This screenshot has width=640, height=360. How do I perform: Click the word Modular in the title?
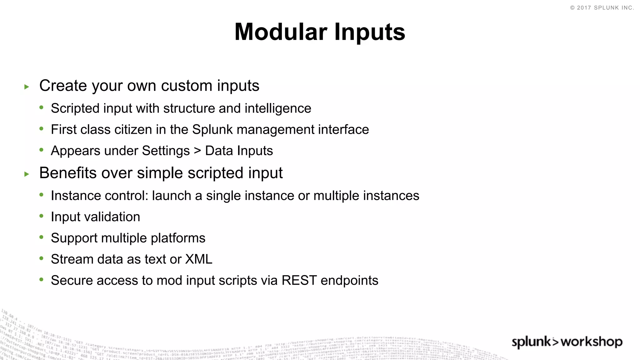tap(281, 32)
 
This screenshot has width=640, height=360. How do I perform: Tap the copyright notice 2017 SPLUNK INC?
tap(602, 8)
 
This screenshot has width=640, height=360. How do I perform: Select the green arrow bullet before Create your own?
tap(27, 87)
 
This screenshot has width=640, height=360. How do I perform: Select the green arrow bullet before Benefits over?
tap(27, 174)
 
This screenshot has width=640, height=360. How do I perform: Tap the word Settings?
tap(166, 151)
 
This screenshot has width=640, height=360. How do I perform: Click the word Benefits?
tap(68, 173)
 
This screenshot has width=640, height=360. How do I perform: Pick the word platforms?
tap(178, 238)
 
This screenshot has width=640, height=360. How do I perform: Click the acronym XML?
tap(199, 259)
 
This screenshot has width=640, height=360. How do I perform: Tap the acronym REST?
tap(299, 281)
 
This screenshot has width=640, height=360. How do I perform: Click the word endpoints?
tap(349, 281)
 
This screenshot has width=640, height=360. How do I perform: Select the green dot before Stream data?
tap(42, 258)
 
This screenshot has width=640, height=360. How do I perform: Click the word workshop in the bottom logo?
tap(591, 342)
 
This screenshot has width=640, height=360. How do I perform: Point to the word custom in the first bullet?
tap(186, 86)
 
